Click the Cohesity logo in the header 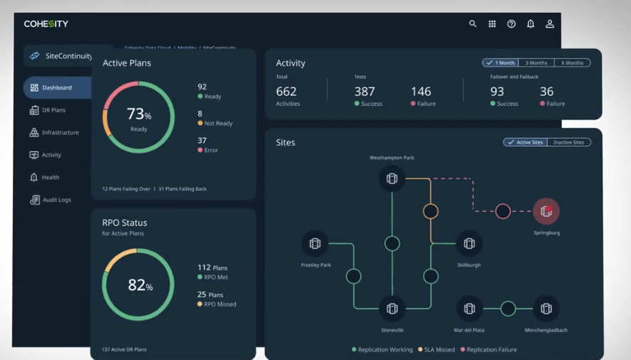click(46, 24)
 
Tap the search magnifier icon click(473, 24)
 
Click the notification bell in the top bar click(530, 24)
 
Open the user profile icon click(549, 24)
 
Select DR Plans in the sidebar click(53, 110)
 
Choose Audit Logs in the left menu click(55, 200)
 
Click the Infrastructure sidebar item click(60, 133)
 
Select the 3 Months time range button click(536, 63)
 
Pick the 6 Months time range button click(572, 63)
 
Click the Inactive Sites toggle click(568, 142)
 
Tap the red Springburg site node click(546, 211)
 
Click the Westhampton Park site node click(392, 179)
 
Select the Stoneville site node click(392, 308)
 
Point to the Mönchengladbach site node click(546, 308)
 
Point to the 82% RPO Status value click(139, 285)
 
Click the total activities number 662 click(286, 92)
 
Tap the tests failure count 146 click(421, 92)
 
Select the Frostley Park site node click(315, 244)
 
